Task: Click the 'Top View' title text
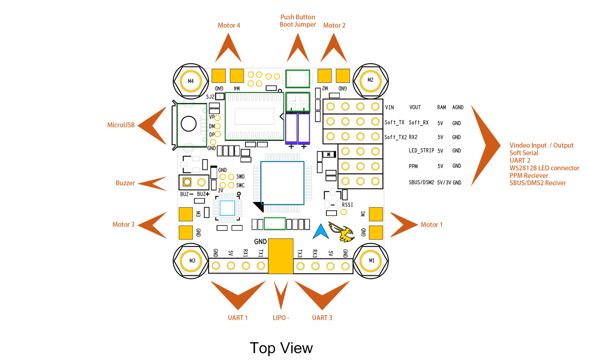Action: (281, 348)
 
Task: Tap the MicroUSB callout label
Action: (121, 125)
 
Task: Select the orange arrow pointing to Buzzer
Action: (153, 183)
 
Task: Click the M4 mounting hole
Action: (191, 81)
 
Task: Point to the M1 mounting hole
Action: (371, 260)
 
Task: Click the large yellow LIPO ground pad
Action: (281, 256)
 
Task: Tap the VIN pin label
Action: (389, 107)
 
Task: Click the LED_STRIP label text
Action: (421, 150)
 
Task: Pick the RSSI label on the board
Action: (347, 205)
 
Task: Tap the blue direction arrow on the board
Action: (321, 232)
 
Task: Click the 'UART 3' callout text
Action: (322, 318)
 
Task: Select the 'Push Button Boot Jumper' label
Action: (298, 21)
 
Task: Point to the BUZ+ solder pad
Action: (201, 182)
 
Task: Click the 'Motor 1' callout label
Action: (431, 225)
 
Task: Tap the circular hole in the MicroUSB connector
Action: (188, 124)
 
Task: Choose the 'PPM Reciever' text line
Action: (529, 175)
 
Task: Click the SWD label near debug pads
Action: (240, 177)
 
